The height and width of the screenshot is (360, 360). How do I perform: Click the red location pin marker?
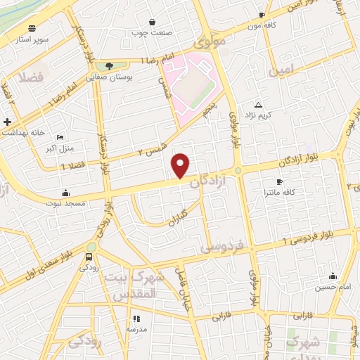[x=181, y=166]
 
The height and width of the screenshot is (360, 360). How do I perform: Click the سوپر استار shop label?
[x=33, y=39]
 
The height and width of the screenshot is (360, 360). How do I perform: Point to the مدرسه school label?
[x=136, y=329]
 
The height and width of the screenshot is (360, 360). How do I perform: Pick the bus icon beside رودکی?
[x=89, y=257]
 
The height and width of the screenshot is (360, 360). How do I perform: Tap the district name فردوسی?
[x=221, y=247]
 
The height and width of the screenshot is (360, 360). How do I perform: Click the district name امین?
[x=280, y=71]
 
